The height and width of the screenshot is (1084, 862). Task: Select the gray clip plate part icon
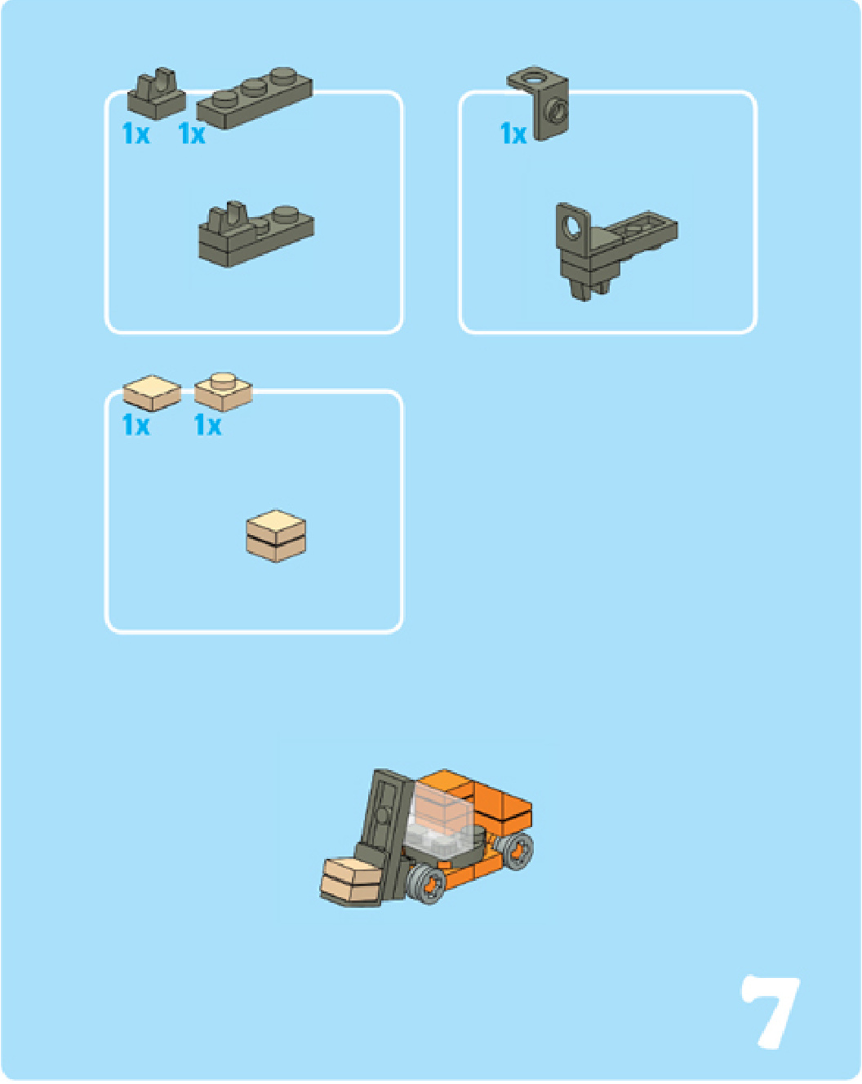coord(156,94)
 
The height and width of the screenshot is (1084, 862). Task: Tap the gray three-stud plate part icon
coord(255,98)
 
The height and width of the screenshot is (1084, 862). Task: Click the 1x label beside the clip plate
coord(136,134)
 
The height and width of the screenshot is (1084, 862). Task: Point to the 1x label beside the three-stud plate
coord(192,134)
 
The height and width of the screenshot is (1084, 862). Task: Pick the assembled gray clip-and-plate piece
coord(256,234)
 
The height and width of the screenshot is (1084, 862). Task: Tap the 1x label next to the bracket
coord(513,134)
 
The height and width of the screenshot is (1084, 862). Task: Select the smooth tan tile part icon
coord(152,392)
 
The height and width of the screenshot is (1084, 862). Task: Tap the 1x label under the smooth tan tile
coord(136,425)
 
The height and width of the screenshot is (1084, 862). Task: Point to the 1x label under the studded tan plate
coord(207,425)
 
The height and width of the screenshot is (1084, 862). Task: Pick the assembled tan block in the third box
coord(276,536)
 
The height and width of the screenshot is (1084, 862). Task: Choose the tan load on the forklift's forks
coord(352,883)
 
